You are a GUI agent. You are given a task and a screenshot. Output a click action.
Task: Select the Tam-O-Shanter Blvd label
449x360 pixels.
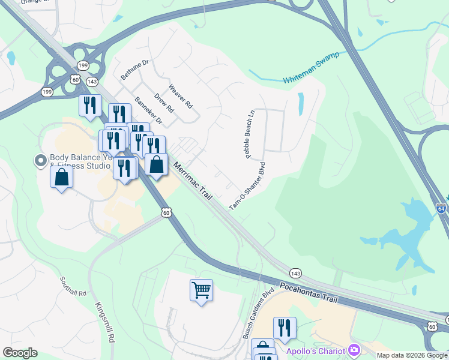tap(247, 185)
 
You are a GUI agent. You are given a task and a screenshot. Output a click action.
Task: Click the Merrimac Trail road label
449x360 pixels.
tap(195, 181)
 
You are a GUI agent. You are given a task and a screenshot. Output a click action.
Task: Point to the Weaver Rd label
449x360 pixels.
tap(181, 95)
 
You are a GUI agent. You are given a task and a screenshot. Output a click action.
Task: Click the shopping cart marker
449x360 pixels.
tap(201, 290)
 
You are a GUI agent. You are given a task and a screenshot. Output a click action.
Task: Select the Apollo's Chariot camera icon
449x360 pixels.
tap(355, 349)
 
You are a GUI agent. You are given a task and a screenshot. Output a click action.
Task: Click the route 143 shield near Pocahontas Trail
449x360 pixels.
tap(295, 273)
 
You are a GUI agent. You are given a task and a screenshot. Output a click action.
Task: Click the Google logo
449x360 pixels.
tap(20, 353)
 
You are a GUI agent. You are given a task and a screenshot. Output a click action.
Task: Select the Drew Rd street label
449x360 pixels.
tap(163, 103)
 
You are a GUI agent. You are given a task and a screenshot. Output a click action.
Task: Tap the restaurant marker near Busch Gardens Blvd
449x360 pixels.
tap(285, 328)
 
